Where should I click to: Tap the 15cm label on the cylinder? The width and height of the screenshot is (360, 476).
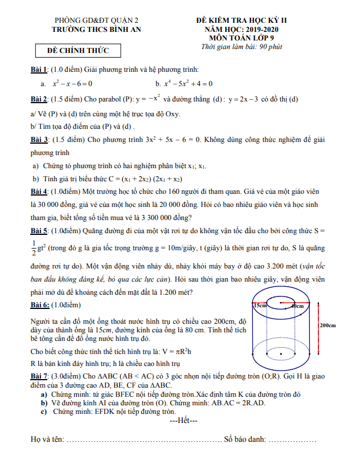click(260, 306)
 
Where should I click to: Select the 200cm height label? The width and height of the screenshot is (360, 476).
click(328, 326)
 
